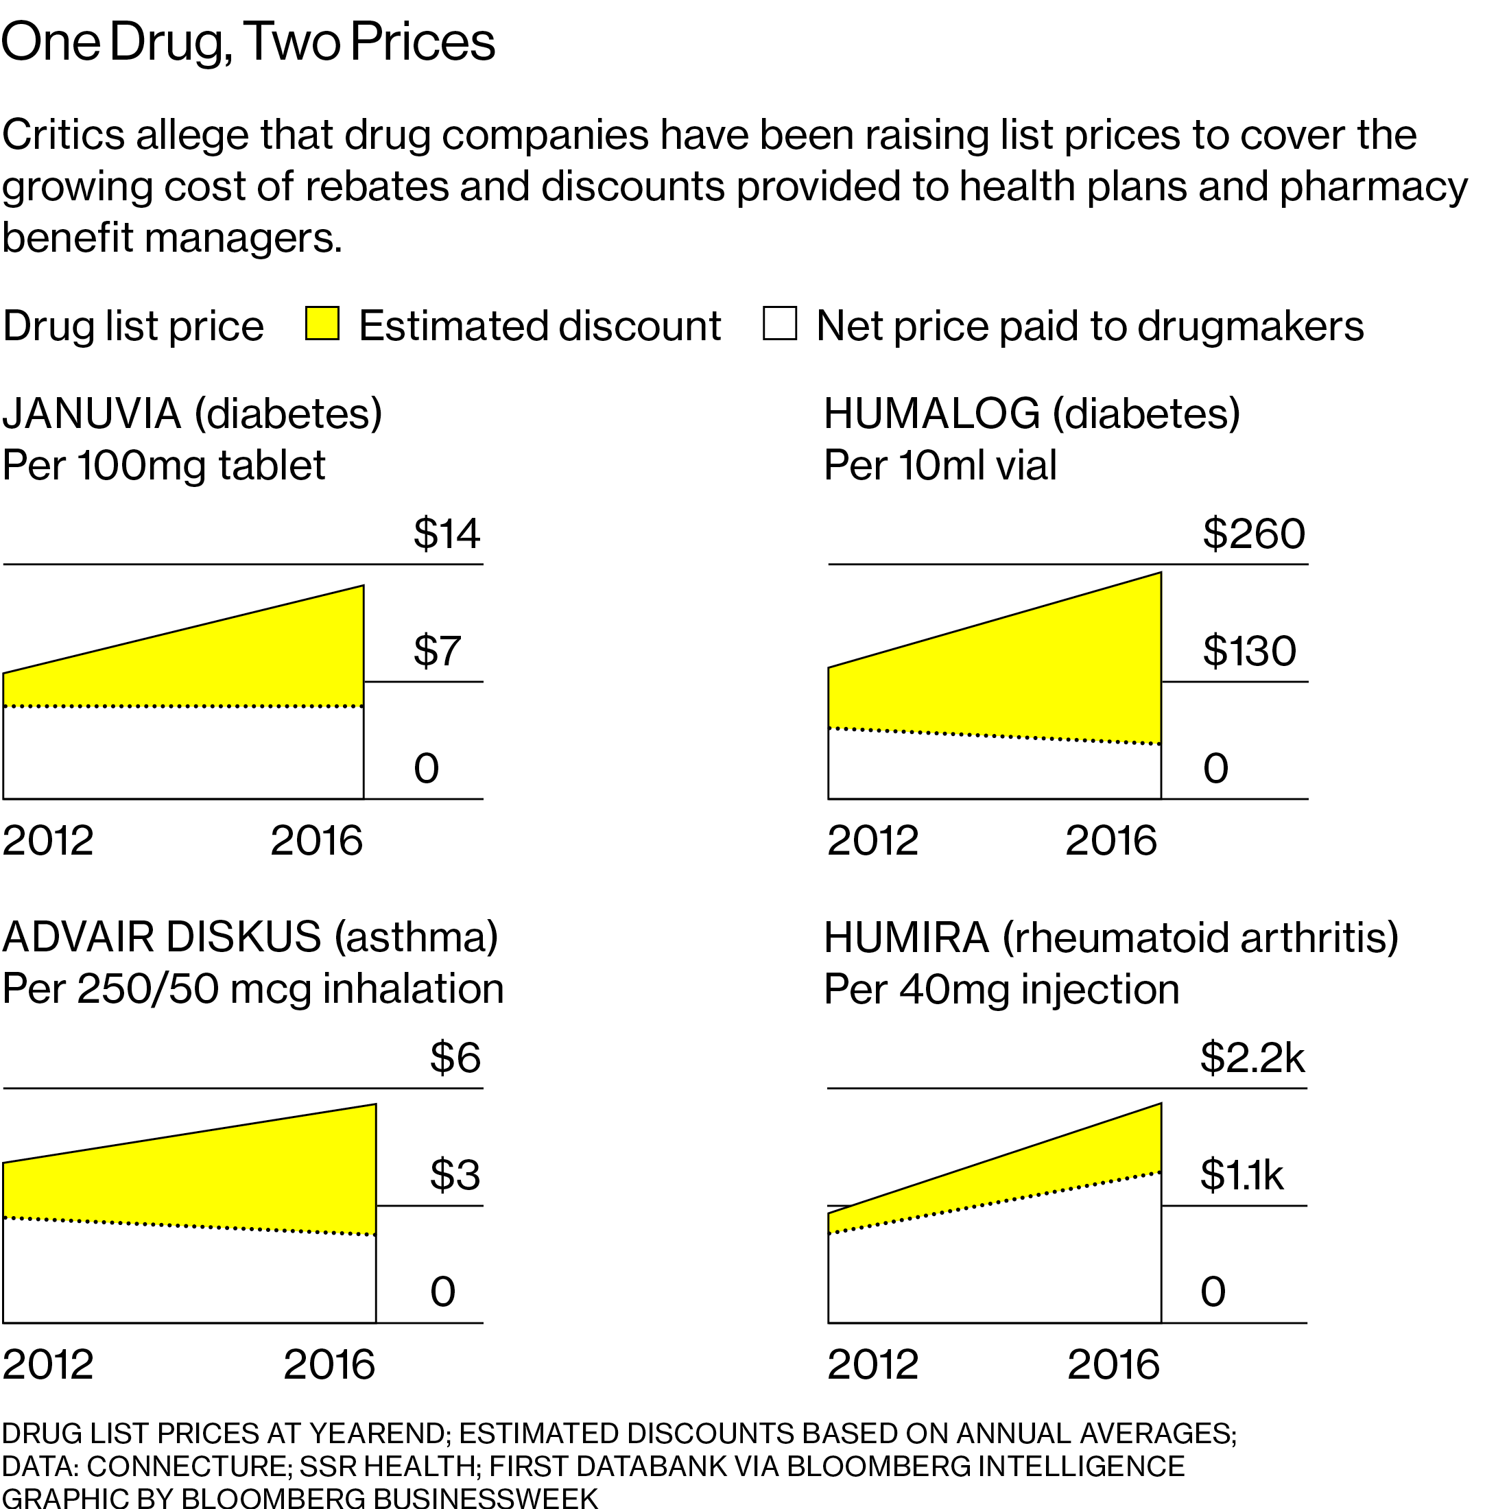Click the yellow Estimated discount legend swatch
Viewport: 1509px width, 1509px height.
[x=322, y=323]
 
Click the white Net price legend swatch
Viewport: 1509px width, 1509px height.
[x=779, y=323]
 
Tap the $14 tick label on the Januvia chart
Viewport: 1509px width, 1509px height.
[x=446, y=534]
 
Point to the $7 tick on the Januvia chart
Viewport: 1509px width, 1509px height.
[x=437, y=651]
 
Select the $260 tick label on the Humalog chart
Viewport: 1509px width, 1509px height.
[x=1254, y=534]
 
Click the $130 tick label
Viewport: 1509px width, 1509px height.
[x=1249, y=651]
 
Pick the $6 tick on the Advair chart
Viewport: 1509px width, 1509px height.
[x=455, y=1058]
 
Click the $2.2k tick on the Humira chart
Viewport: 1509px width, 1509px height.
[x=1252, y=1058]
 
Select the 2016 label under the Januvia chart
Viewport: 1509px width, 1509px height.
[x=316, y=841]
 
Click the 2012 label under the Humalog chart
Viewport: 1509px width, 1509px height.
[x=872, y=841]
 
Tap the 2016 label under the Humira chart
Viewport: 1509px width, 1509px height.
[x=1113, y=1364]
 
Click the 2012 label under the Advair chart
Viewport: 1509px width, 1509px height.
[x=47, y=1364]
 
